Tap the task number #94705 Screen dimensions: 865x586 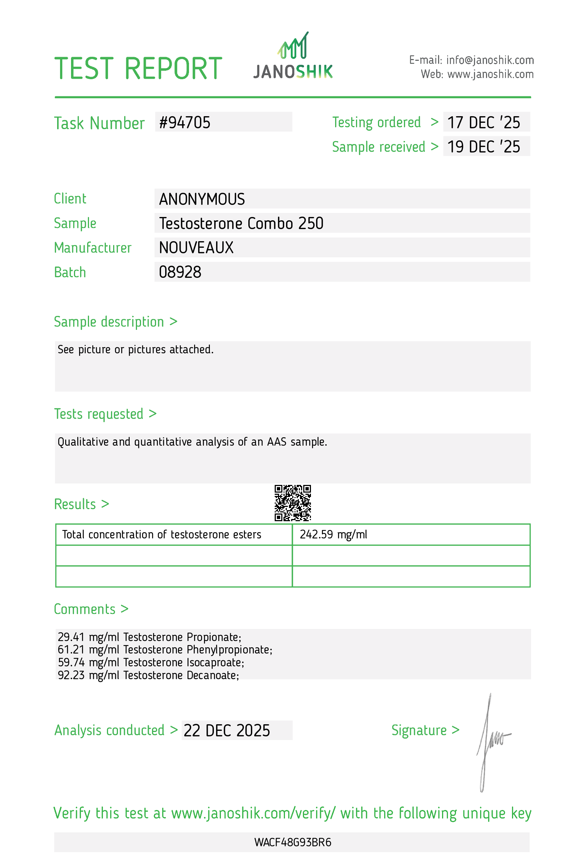(x=185, y=122)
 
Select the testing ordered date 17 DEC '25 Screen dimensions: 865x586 (x=483, y=122)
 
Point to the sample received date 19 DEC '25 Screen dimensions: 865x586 (x=483, y=147)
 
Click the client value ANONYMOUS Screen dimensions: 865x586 (x=202, y=199)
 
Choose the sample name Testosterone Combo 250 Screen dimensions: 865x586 (x=241, y=223)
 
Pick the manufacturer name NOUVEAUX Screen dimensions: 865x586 (x=196, y=247)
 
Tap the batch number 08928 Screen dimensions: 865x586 (x=180, y=272)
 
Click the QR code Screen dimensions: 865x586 (x=293, y=503)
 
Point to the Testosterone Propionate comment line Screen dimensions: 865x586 (x=149, y=637)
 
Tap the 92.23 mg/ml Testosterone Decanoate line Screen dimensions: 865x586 (x=148, y=675)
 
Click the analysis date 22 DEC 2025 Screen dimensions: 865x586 (x=226, y=730)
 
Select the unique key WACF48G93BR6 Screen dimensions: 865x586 (x=293, y=842)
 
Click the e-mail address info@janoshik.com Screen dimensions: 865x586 (x=490, y=60)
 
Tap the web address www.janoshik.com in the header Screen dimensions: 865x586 (x=490, y=74)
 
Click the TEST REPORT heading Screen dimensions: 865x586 (x=138, y=69)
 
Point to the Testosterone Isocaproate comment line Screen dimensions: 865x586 (x=151, y=662)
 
